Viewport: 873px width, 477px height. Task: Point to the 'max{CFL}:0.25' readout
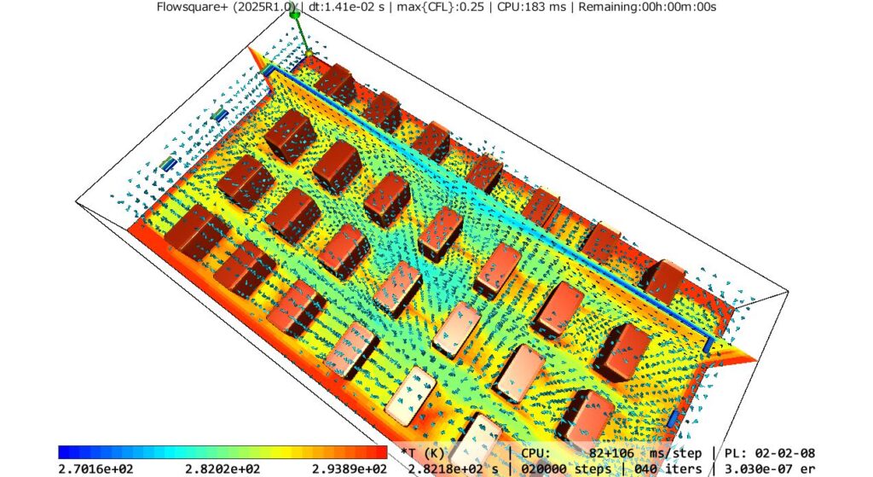[441, 7]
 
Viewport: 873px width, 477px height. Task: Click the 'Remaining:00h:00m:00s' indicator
[648, 7]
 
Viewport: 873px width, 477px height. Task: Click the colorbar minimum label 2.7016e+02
[95, 469]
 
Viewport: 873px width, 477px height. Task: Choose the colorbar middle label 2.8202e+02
[223, 469]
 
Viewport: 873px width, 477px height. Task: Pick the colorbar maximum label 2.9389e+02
[349, 469]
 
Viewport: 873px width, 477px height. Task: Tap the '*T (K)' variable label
[423, 454]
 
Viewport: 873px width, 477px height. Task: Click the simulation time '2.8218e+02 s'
[454, 469]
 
